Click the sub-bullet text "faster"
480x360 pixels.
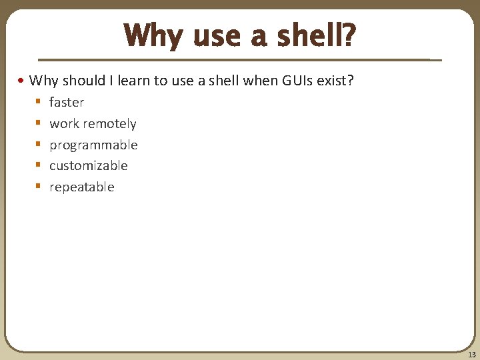[x=67, y=103]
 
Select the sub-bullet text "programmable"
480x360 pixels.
[x=93, y=145]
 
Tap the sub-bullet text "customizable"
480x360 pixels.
[x=88, y=166]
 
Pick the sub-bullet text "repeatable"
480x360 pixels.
[x=81, y=187]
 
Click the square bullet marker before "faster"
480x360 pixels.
[x=39, y=103]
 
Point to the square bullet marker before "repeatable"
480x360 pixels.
[x=39, y=187]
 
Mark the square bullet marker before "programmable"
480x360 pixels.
[x=39, y=145]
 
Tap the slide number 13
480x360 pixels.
[x=471, y=355]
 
